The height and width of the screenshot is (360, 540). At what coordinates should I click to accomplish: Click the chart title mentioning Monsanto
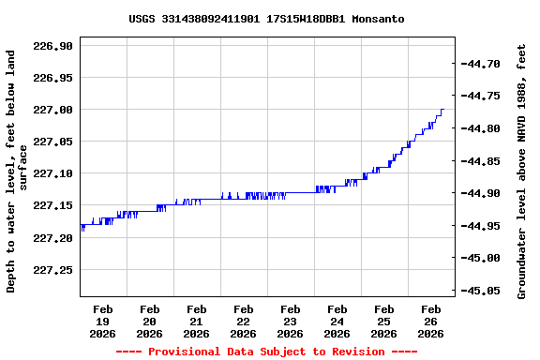tap(266, 19)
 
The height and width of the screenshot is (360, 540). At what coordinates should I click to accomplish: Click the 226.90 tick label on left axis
tap(52, 46)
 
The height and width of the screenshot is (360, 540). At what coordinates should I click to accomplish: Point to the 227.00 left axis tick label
tap(52, 110)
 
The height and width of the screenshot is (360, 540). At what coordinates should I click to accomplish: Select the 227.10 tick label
tap(52, 173)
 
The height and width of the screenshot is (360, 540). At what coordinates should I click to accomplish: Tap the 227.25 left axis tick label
tap(52, 270)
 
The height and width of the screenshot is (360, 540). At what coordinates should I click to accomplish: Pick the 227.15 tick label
tap(52, 205)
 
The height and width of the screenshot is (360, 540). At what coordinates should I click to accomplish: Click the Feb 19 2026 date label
tap(103, 321)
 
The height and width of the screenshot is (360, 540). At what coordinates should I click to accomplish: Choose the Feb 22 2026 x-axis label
tap(244, 321)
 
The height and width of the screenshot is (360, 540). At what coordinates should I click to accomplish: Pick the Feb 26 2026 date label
tap(431, 321)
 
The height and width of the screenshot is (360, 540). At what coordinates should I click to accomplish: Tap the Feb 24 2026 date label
tap(337, 321)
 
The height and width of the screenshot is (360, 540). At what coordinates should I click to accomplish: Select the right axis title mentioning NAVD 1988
tap(521, 170)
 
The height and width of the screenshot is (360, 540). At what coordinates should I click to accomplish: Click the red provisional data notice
tap(266, 352)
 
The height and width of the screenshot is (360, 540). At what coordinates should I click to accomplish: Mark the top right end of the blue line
tap(443, 110)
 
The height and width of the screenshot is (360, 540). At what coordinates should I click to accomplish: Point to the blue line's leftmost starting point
tap(82, 227)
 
